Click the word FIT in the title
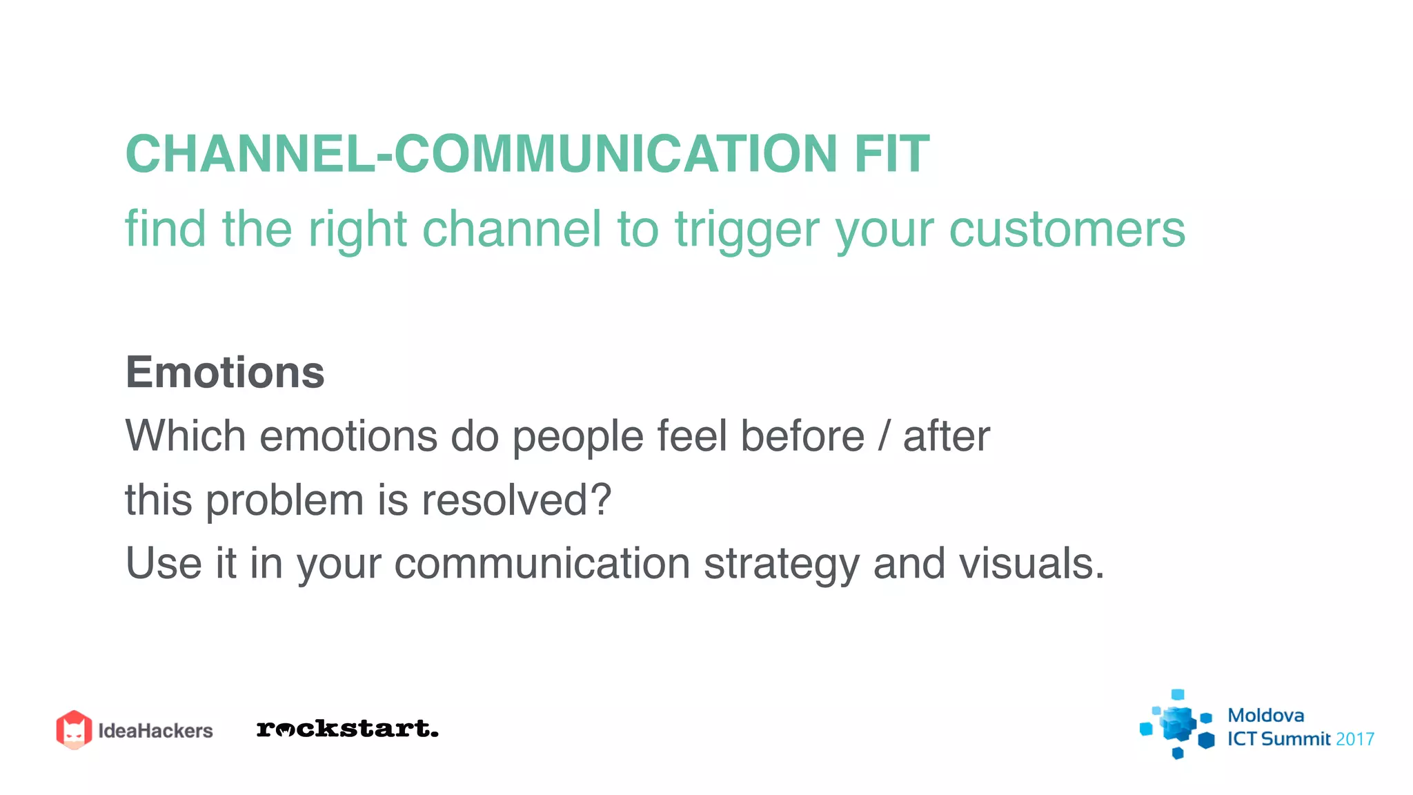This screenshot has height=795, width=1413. pos(891,153)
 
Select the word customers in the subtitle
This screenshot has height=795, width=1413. pos(1067,230)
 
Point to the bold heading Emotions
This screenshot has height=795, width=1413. pos(225,373)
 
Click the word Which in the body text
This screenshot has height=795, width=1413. pos(186,436)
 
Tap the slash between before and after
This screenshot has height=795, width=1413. pos(884,436)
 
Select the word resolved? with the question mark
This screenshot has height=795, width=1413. pos(516,500)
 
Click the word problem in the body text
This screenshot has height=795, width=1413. pos(284,501)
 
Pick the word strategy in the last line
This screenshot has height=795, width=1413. pos(781,565)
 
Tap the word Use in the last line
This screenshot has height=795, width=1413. pos(164,563)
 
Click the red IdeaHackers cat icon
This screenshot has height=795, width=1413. pos(74,729)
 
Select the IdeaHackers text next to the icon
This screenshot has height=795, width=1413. pos(155,731)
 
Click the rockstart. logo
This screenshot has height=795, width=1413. pos(347,729)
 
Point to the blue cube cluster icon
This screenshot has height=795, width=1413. pos(1177,725)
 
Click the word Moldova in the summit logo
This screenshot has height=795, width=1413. pos(1265,716)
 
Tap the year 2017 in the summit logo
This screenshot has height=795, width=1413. pos(1354,739)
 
